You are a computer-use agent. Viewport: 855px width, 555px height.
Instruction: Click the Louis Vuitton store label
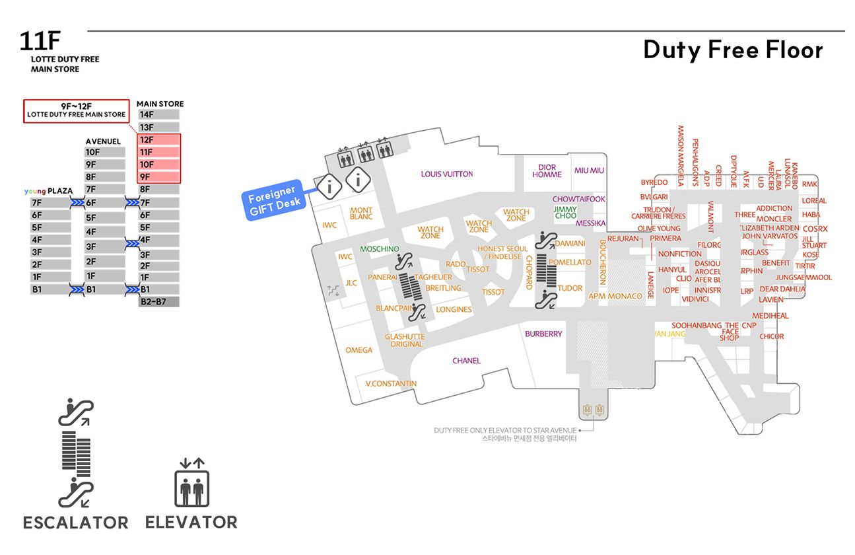[447, 174]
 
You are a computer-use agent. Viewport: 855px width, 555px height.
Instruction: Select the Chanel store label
[466, 361]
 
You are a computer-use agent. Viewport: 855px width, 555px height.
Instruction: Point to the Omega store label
[359, 350]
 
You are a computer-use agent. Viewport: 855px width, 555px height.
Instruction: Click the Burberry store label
[543, 334]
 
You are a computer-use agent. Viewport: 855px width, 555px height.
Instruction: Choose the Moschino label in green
[380, 249]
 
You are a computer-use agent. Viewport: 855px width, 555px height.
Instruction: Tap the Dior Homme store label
[547, 171]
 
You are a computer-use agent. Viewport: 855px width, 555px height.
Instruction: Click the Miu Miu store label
[589, 170]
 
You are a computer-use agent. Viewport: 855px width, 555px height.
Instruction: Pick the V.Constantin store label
[391, 384]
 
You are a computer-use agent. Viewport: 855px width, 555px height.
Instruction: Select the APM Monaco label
[615, 297]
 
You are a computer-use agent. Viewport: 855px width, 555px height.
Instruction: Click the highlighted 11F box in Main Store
[158, 152]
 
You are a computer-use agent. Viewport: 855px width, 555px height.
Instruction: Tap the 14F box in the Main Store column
[158, 114]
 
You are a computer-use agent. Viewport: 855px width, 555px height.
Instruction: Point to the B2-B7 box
[158, 302]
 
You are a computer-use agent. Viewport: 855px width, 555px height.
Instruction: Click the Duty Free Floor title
[733, 50]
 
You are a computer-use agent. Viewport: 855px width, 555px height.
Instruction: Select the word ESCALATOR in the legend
[76, 523]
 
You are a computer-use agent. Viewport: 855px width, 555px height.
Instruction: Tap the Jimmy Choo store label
[565, 212]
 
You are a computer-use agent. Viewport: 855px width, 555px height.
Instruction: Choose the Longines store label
[454, 310]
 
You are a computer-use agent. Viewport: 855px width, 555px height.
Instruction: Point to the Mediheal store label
[770, 316]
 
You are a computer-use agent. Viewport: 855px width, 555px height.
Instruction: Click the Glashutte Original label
[406, 340]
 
